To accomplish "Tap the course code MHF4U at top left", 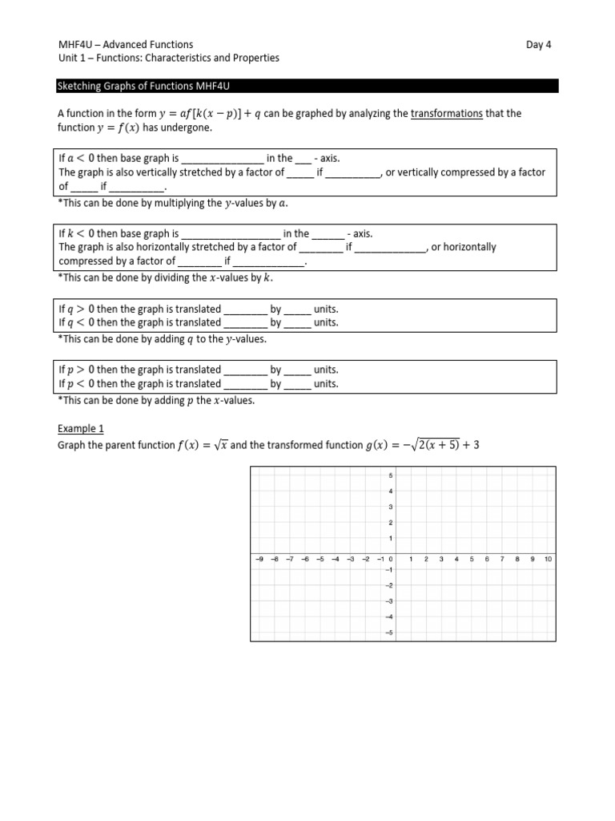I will click(74, 45).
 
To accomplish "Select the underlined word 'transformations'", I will click(446, 114).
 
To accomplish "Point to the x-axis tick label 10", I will click(548, 559).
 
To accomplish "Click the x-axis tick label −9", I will click(258, 559).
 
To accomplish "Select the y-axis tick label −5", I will click(388, 633).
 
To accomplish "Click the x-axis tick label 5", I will click(472, 559).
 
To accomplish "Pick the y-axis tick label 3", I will click(390, 507).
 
